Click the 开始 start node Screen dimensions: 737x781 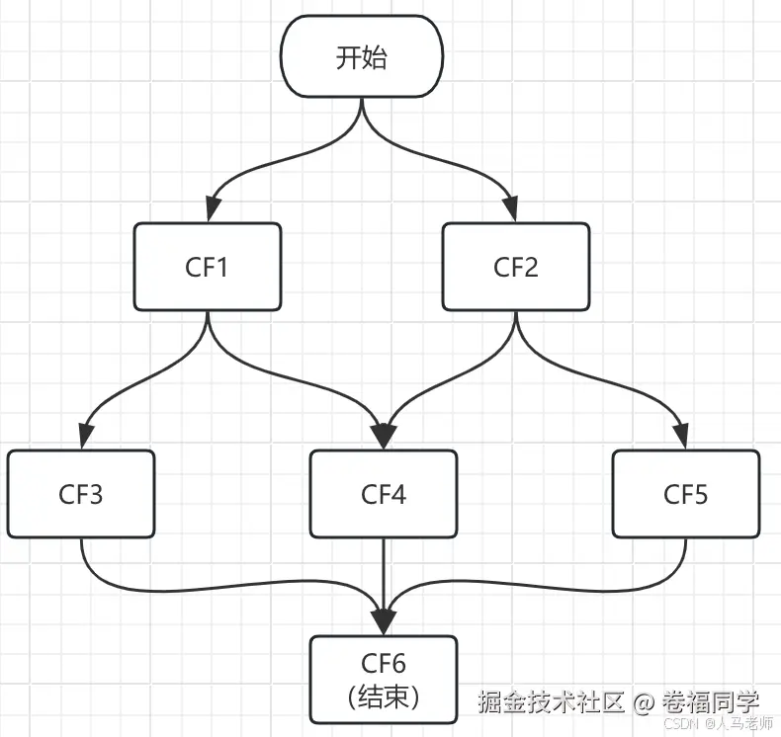[361, 57]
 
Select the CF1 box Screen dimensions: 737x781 [208, 267]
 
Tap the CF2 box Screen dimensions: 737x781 [515, 267]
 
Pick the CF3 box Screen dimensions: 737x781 [80, 494]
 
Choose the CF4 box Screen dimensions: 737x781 [384, 494]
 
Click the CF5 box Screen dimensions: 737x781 [685, 494]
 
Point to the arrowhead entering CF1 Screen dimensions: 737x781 [209, 210]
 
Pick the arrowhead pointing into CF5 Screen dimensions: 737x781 [682, 438]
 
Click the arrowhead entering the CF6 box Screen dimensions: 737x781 [384, 622]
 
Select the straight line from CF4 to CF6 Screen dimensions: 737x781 [384, 573]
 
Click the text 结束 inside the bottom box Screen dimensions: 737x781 [386, 696]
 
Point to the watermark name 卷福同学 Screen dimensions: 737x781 [711, 702]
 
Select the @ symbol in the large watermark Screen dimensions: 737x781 [644, 703]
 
